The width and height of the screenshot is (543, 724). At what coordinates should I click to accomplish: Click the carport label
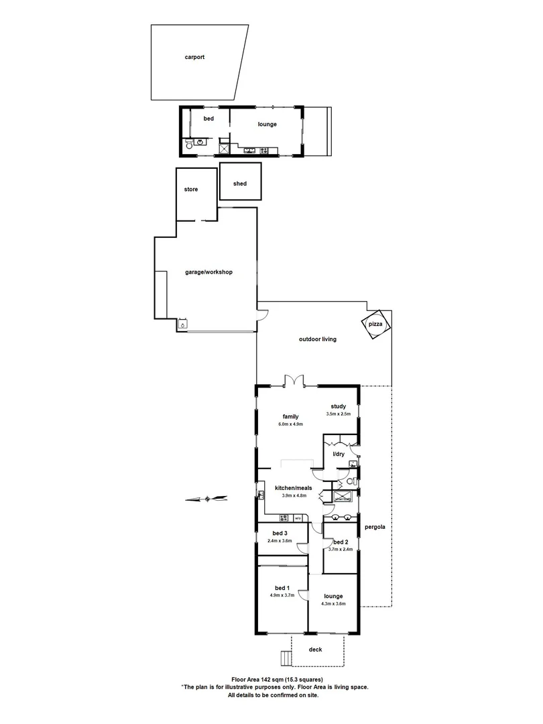pyautogui.click(x=194, y=58)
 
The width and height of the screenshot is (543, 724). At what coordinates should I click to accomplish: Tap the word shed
pyautogui.click(x=239, y=184)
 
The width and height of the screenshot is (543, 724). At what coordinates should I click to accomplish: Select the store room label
pyautogui.click(x=191, y=190)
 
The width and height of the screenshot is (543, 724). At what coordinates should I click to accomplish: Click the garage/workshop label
pyautogui.click(x=208, y=272)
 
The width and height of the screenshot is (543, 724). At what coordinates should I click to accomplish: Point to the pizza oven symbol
pyautogui.click(x=374, y=325)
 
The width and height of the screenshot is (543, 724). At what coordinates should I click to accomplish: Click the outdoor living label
pyautogui.click(x=317, y=339)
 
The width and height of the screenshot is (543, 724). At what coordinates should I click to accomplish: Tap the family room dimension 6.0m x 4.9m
pyautogui.click(x=290, y=424)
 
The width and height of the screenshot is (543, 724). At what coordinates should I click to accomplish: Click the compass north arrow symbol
pyautogui.click(x=208, y=498)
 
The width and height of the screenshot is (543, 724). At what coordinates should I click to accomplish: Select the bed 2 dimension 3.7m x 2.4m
pyautogui.click(x=341, y=550)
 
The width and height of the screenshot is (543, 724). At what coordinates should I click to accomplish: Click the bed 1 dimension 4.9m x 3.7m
pyautogui.click(x=282, y=595)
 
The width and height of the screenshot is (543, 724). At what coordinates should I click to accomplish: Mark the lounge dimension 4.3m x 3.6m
pyautogui.click(x=333, y=604)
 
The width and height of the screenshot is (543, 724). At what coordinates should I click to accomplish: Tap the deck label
pyautogui.click(x=315, y=650)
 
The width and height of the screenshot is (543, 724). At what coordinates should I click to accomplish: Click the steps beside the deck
pyautogui.click(x=285, y=658)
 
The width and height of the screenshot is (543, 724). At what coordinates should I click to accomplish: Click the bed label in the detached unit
pyautogui.click(x=208, y=119)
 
